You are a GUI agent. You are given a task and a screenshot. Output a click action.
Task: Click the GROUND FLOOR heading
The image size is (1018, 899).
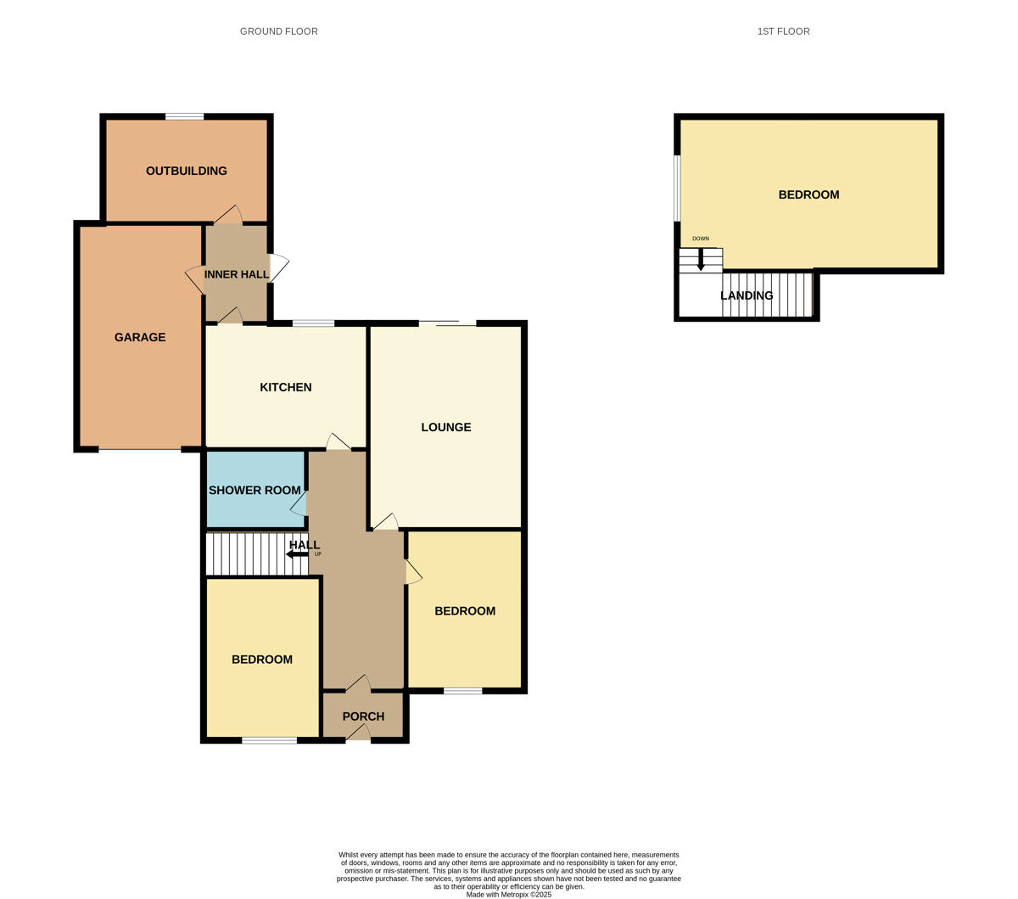click(x=279, y=31)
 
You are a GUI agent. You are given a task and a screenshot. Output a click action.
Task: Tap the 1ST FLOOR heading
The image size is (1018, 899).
click(x=783, y=31)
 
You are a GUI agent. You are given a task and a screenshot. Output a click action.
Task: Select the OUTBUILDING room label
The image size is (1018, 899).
click(x=187, y=171)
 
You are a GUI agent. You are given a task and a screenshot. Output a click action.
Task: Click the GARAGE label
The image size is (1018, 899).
click(x=140, y=337)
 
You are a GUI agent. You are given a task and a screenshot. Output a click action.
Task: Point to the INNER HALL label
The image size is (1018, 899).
click(x=236, y=274)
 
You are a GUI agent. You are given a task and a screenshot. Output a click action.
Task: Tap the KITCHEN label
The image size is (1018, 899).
click(x=285, y=387)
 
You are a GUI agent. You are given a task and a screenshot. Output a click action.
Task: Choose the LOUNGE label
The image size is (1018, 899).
click(x=446, y=427)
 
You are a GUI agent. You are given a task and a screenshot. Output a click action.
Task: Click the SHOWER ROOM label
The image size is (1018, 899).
click(x=255, y=490)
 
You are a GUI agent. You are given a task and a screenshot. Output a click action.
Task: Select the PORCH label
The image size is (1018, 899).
click(x=363, y=716)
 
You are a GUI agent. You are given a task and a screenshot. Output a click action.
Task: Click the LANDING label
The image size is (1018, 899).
click(x=747, y=295)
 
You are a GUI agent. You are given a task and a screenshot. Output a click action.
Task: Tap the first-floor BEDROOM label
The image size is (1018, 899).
click(x=809, y=194)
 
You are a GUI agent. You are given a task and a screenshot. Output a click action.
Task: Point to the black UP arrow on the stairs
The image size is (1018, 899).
click(x=297, y=554)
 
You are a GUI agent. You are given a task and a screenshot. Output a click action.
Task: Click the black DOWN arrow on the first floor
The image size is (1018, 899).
click(x=701, y=261)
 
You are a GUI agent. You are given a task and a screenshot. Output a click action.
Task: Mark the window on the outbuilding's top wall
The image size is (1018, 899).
click(x=185, y=116)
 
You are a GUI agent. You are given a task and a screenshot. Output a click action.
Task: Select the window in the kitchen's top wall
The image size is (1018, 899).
click(x=314, y=323)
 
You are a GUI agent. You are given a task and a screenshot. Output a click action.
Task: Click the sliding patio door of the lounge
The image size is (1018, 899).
click(x=448, y=323)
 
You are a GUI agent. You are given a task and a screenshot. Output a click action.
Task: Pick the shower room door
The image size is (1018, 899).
click(x=299, y=503)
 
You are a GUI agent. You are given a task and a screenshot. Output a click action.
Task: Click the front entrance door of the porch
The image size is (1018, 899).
click(x=358, y=733)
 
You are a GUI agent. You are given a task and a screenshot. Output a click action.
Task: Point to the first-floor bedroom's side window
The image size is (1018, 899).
click(x=677, y=188)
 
